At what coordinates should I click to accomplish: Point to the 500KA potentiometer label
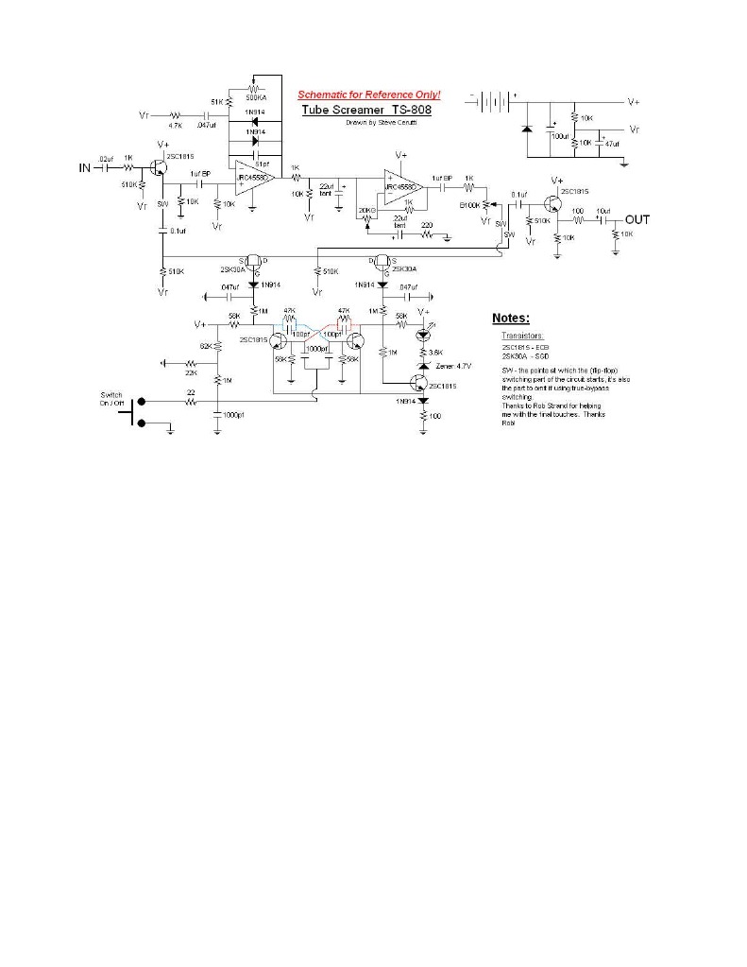tap(255, 97)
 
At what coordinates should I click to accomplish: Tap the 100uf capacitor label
tap(563, 136)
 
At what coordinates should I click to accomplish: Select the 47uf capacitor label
tap(612, 144)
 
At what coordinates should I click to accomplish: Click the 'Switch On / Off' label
tap(111, 399)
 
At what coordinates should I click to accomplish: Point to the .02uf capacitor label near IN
tap(106, 159)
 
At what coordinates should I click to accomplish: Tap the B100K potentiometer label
tap(470, 204)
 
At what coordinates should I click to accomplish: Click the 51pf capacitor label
tap(262, 163)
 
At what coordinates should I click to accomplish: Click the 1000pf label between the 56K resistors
tap(319, 349)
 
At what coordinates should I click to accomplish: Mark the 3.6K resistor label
tap(436, 352)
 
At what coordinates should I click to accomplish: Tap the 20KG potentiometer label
tap(367, 210)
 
